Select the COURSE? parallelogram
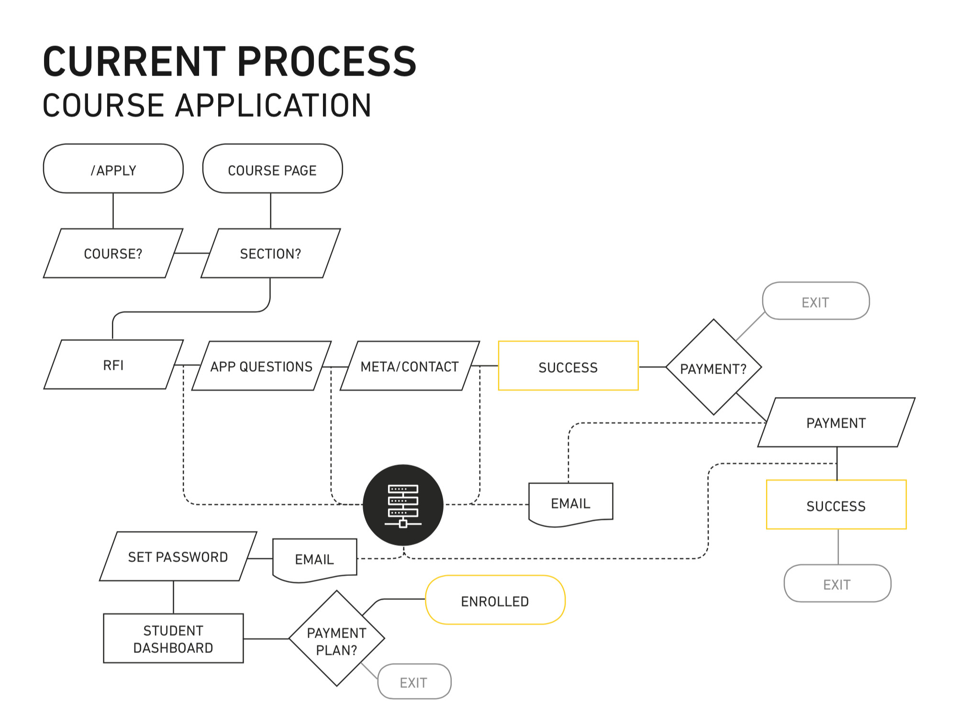(113, 254)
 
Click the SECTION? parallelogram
(271, 254)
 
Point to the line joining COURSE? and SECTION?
(192, 253)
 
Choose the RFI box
(113, 365)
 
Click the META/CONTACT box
(410, 366)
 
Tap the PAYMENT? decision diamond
(713, 367)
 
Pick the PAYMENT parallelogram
(836, 423)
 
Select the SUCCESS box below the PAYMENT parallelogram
(836, 505)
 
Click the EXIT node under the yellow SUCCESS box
(837, 584)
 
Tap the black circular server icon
(403, 505)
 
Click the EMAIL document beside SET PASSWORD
(314, 559)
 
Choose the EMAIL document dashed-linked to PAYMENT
(570, 503)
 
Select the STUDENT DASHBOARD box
(173, 639)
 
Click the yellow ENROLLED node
(495, 600)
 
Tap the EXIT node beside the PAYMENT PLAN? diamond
(414, 682)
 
